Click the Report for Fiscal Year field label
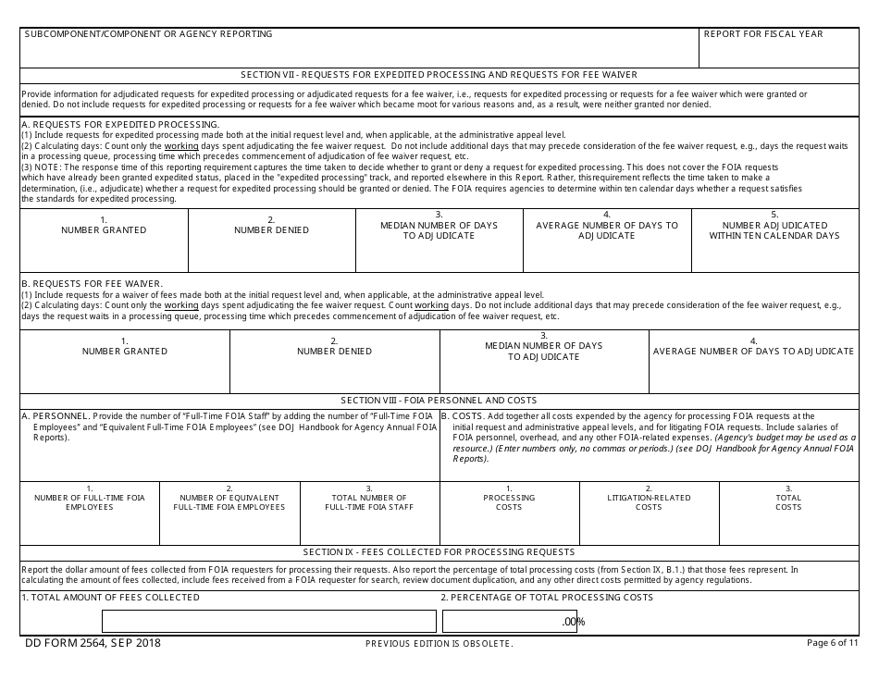(762, 34)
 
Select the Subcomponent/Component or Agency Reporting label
(148, 34)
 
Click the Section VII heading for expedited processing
(439, 75)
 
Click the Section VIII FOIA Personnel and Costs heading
(439, 401)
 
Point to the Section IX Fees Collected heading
(439, 551)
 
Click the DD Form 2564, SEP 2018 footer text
(93, 643)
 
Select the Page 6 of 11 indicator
(832, 643)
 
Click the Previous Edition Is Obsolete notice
(439, 644)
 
